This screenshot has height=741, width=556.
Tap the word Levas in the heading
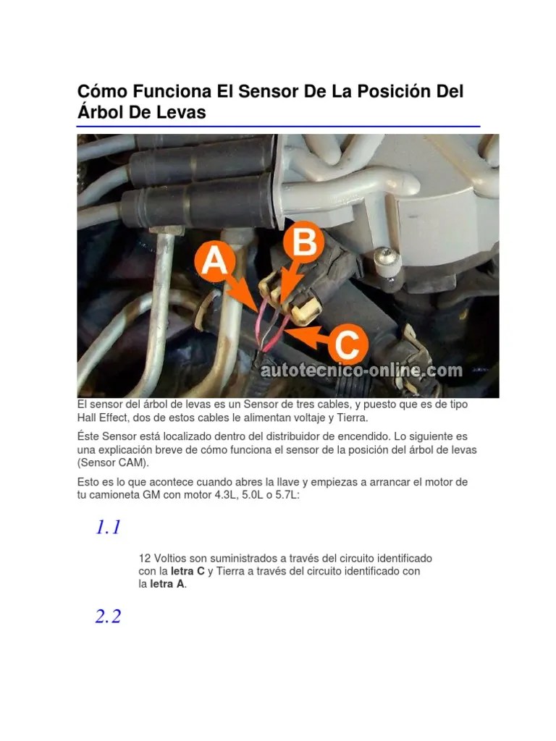[182, 112]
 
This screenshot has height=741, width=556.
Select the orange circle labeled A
[213, 262]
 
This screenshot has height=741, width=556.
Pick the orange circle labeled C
[347, 345]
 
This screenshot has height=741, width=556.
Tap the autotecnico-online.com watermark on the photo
[361, 370]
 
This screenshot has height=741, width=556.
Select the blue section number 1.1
[108, 528]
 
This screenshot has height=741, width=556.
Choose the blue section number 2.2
[108, 617]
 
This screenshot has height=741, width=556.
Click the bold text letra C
[188, 571]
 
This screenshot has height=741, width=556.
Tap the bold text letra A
[167, 584]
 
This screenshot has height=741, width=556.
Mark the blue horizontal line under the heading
[278, 127]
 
